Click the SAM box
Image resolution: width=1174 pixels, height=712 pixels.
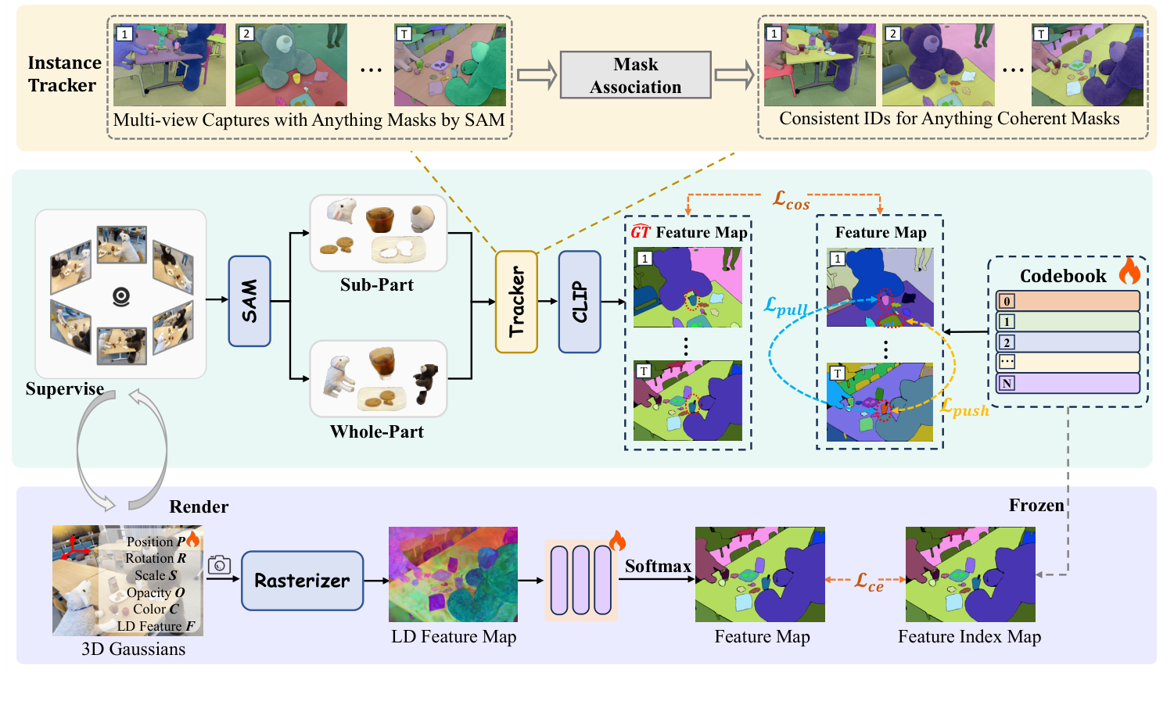pos(250,301)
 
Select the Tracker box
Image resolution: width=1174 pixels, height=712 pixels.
pos(516,302)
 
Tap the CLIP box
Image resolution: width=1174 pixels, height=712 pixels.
pos(580,302)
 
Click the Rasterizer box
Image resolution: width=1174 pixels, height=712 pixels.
pos(302,581)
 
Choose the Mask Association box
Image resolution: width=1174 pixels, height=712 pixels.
pos(635,75)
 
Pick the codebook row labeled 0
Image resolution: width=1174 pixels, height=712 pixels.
pos(1068,301)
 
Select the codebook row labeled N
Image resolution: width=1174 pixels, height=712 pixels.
pos(1068,383)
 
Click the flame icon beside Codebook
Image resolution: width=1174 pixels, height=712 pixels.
pos(1129,271)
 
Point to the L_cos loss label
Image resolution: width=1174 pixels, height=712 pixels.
pos(791,200)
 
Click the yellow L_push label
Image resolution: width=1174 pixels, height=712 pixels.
pos(964,407)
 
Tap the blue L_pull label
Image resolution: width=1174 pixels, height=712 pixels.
pos(785,306)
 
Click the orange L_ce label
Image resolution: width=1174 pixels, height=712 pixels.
pos(868,581)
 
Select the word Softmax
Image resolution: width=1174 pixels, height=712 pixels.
pos(657,566)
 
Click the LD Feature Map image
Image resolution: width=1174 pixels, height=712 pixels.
pos(453,574)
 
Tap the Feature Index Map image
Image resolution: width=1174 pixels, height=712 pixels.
pos(970,574)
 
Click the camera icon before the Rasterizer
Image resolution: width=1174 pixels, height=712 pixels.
pos(219,564)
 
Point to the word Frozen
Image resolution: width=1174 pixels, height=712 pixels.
pos(1036,506)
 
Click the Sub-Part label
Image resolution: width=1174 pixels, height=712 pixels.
pos(376,285)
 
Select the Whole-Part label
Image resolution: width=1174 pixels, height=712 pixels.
pos(376,432)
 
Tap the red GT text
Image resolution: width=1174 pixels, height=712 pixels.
pos(641,232)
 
